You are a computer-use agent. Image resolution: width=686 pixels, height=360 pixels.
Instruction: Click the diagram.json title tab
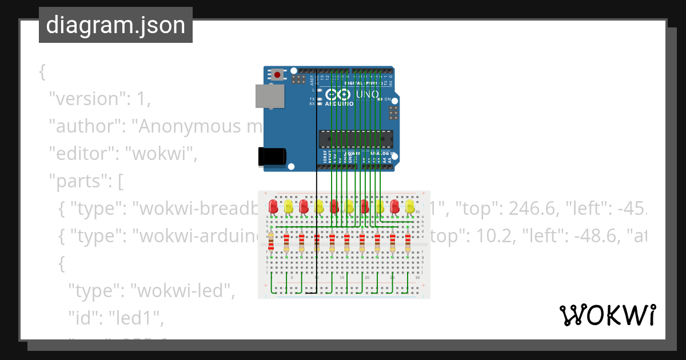click(115, 25)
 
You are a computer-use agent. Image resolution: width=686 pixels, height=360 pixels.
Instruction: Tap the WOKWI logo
click(607, 315)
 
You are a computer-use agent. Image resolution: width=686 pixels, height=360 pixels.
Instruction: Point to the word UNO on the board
click(367, 94)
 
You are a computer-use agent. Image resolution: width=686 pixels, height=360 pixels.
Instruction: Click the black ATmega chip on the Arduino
click(356, 139)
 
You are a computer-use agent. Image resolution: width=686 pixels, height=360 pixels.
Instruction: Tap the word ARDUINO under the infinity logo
click(339, 104)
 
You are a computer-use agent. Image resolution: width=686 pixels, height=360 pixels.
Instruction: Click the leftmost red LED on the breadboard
click(273, 206)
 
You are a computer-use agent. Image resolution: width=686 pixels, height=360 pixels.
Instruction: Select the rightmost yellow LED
click(410, 206)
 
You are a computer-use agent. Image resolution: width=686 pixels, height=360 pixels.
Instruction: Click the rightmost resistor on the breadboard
click(408, 242)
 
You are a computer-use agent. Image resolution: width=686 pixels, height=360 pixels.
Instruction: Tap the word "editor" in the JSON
click(81, 154)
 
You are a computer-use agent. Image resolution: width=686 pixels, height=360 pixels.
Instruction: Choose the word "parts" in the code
click(79, 181)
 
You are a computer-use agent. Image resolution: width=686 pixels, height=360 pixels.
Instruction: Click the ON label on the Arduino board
click(387, 99)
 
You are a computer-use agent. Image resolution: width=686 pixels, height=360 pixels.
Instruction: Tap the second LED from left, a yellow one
click(289, 206)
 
